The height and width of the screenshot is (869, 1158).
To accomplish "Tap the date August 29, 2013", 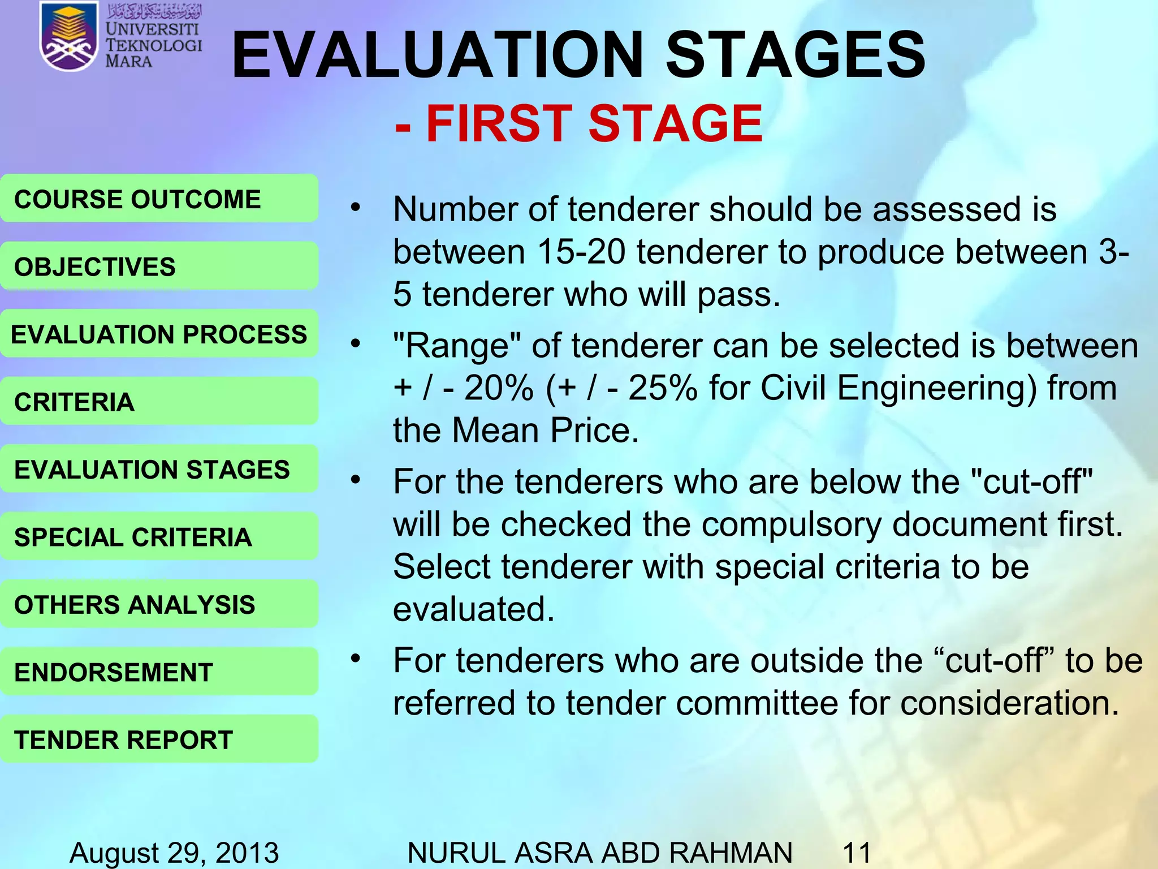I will (x=174, y=852).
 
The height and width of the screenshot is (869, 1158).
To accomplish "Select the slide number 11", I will (x=857, y=852).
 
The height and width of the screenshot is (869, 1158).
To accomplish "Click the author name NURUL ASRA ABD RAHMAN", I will (x=599, y=852).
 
